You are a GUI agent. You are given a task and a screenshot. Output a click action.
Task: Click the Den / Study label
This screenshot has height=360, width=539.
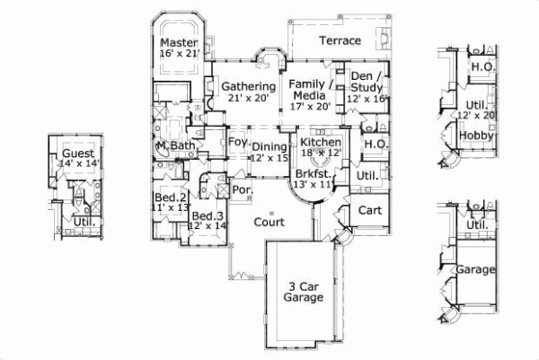[367, 81]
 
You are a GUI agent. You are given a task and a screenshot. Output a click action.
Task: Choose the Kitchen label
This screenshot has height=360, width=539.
[320, 143]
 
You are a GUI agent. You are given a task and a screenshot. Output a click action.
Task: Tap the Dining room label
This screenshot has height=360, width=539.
[269, 147]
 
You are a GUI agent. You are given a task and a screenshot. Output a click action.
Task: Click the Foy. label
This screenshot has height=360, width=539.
[237, 143]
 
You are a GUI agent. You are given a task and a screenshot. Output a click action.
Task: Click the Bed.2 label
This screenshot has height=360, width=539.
[169, 198]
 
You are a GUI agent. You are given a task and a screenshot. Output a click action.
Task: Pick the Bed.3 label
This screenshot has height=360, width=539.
[206, 216]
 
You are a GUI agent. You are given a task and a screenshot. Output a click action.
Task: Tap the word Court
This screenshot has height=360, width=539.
[269, 222]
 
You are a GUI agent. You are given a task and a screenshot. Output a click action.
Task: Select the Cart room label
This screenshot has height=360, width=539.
[370, 209]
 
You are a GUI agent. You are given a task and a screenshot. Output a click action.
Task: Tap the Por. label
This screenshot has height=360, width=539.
[242, 191]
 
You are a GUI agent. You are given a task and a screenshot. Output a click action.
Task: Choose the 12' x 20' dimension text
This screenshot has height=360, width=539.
[475, 115]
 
